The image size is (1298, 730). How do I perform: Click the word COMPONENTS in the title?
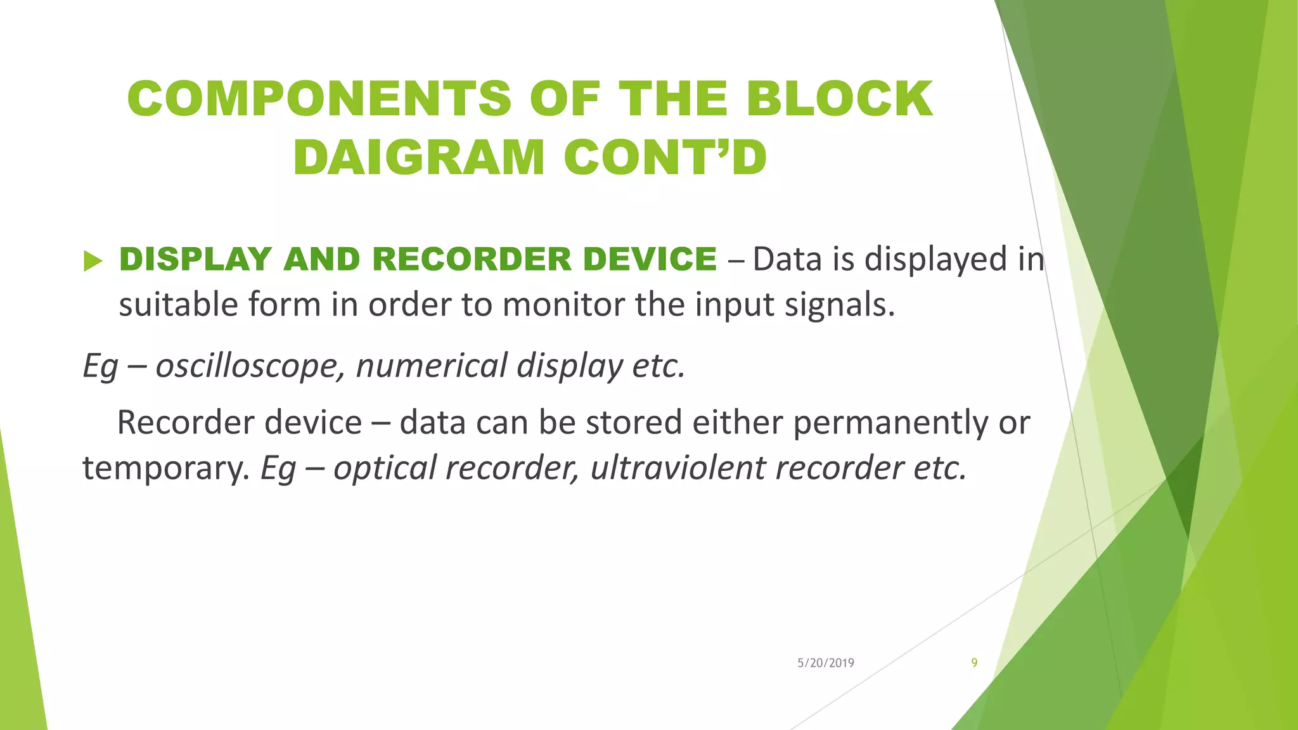319,99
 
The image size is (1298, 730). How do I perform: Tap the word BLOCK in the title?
839,99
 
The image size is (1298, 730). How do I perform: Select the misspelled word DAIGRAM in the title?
418,157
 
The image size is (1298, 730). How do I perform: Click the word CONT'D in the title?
665,157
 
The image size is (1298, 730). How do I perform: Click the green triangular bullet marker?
93,260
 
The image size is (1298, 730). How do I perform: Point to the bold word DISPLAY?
195,259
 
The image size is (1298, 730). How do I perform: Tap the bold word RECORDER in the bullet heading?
472,259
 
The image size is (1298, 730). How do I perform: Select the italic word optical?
385,468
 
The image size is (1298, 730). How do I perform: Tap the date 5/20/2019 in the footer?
825,663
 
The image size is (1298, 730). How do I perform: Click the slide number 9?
974,663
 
